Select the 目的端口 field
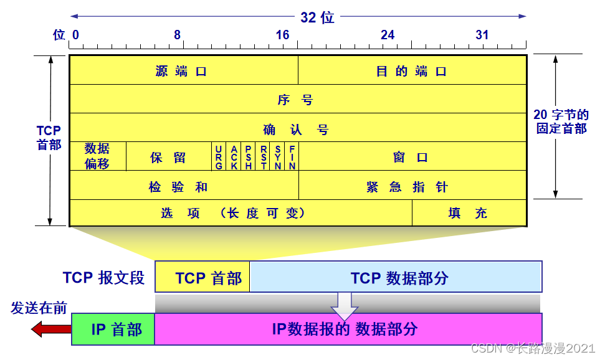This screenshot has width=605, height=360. (412, 71)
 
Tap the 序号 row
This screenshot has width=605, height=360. (298, 100)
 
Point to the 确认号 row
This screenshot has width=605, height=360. (298, 130)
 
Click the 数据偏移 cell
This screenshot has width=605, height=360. (98, 156)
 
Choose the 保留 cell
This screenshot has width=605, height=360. (168, 157)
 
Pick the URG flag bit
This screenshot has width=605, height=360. (219, 157)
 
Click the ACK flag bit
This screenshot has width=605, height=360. (234, 157)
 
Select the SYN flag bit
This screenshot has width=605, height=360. (278, 157)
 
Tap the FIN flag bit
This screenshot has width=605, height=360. (292, 157)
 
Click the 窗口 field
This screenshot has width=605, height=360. (412, 157)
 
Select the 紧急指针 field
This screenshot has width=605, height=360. (412, 186)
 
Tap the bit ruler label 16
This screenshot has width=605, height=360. (282, 35)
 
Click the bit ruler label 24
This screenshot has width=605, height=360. (388, 35)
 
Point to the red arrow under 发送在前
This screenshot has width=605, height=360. (50, 328)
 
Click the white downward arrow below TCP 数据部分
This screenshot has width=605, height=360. (344, 304)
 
